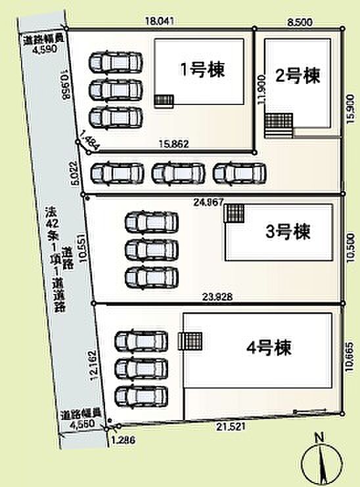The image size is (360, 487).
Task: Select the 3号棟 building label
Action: pos(288,232)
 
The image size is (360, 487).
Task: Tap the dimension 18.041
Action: pos(160,21)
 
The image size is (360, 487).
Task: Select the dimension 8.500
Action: pos(300,21)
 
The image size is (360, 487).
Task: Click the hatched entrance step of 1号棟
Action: pos(164,100)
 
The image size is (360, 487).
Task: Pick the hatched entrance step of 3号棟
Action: pos(235,213)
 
